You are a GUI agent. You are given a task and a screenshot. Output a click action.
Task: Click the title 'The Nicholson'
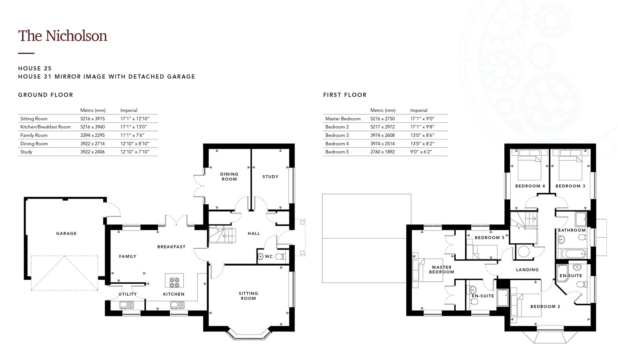click(63, 36)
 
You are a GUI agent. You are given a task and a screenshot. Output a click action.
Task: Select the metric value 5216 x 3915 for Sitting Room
click(92, 119)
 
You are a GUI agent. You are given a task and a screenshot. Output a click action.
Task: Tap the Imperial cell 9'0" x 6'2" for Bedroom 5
click(421, 152)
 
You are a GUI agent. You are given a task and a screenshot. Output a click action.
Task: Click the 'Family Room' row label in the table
click(34, 135)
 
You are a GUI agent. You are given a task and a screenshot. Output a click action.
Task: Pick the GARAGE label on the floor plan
click(66, 234)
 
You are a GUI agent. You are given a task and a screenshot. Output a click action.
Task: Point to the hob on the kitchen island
click(174, 283)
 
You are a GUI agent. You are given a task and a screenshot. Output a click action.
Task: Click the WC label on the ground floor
click(269, 256)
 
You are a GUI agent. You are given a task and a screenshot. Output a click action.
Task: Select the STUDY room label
click(270, 177)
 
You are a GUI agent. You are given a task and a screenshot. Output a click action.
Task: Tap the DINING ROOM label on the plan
click(229, 177)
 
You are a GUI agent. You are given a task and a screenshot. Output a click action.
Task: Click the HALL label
click(254, 234)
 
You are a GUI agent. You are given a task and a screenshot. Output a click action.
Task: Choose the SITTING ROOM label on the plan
click(248, 296)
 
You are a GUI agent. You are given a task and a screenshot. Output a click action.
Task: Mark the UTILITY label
click(127, 294)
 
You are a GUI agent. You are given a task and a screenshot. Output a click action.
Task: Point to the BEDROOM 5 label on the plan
click(489, 238)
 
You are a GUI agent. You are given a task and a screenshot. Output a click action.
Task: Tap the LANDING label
click(527, 269)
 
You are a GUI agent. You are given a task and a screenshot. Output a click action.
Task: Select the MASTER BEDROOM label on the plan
click(442, 269)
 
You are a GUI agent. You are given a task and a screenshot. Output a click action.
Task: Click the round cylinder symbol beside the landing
click(524, 252)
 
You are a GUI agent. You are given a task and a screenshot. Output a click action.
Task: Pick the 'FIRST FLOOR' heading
click(345, 95)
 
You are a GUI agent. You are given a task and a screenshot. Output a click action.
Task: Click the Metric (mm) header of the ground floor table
click(93, 110)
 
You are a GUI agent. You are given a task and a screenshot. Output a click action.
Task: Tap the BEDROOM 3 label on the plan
click(570, 186)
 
